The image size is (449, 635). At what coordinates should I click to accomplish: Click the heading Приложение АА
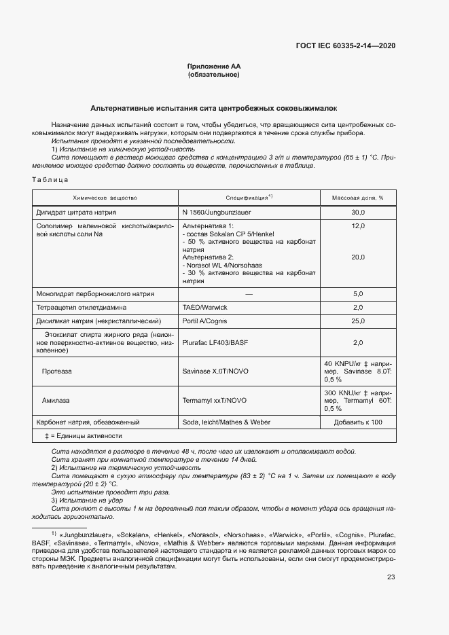214,67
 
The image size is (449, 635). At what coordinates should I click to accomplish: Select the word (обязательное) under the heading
214,75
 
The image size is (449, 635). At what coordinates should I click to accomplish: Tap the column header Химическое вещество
105,198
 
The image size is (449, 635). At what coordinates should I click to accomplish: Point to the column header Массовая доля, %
357,198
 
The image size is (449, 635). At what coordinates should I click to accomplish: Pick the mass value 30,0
357,212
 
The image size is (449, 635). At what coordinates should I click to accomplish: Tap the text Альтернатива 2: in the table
208,257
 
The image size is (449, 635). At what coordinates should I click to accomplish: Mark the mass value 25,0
357,321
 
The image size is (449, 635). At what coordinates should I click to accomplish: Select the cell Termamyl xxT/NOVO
215,401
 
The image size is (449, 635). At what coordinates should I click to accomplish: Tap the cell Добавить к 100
357,422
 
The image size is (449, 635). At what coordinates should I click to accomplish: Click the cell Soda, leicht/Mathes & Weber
226,422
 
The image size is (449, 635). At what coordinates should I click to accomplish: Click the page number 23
391,577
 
